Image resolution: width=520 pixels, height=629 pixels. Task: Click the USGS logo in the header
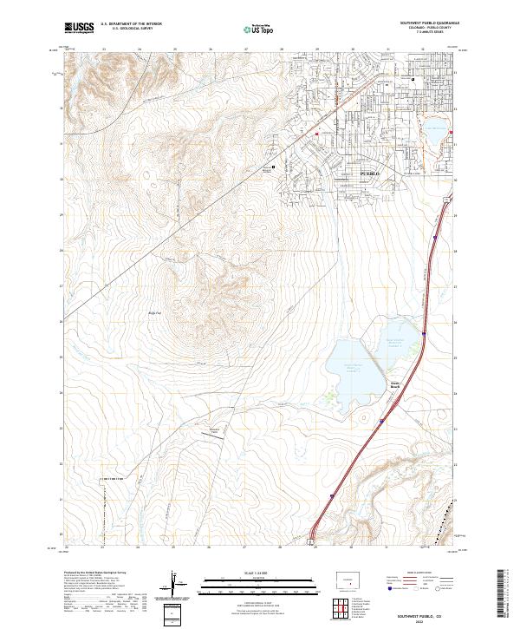click(79, 28)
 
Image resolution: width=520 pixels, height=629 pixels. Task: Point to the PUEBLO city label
click(370, 174)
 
